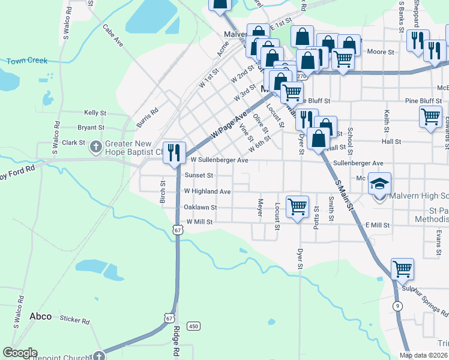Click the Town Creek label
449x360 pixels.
[27, 61]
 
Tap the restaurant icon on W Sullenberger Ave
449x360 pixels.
[173, 152]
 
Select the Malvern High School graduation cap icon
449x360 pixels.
[379, 184]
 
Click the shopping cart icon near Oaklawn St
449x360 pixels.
[298, 206]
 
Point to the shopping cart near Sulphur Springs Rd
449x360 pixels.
[402, 269]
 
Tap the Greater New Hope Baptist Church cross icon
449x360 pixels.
[95, 146]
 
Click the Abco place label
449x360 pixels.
[40, 316]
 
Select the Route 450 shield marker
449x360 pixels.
[193, 326]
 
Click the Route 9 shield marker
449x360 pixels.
[397, 305]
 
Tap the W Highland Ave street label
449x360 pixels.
[207, 191]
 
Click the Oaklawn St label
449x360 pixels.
[200, 207]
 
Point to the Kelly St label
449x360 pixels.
[95, 112]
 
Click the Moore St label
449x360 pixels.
[381, 52]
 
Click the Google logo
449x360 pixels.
[20, 353]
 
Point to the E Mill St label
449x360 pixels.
[377, 225]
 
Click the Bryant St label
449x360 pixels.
[91, 127]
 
